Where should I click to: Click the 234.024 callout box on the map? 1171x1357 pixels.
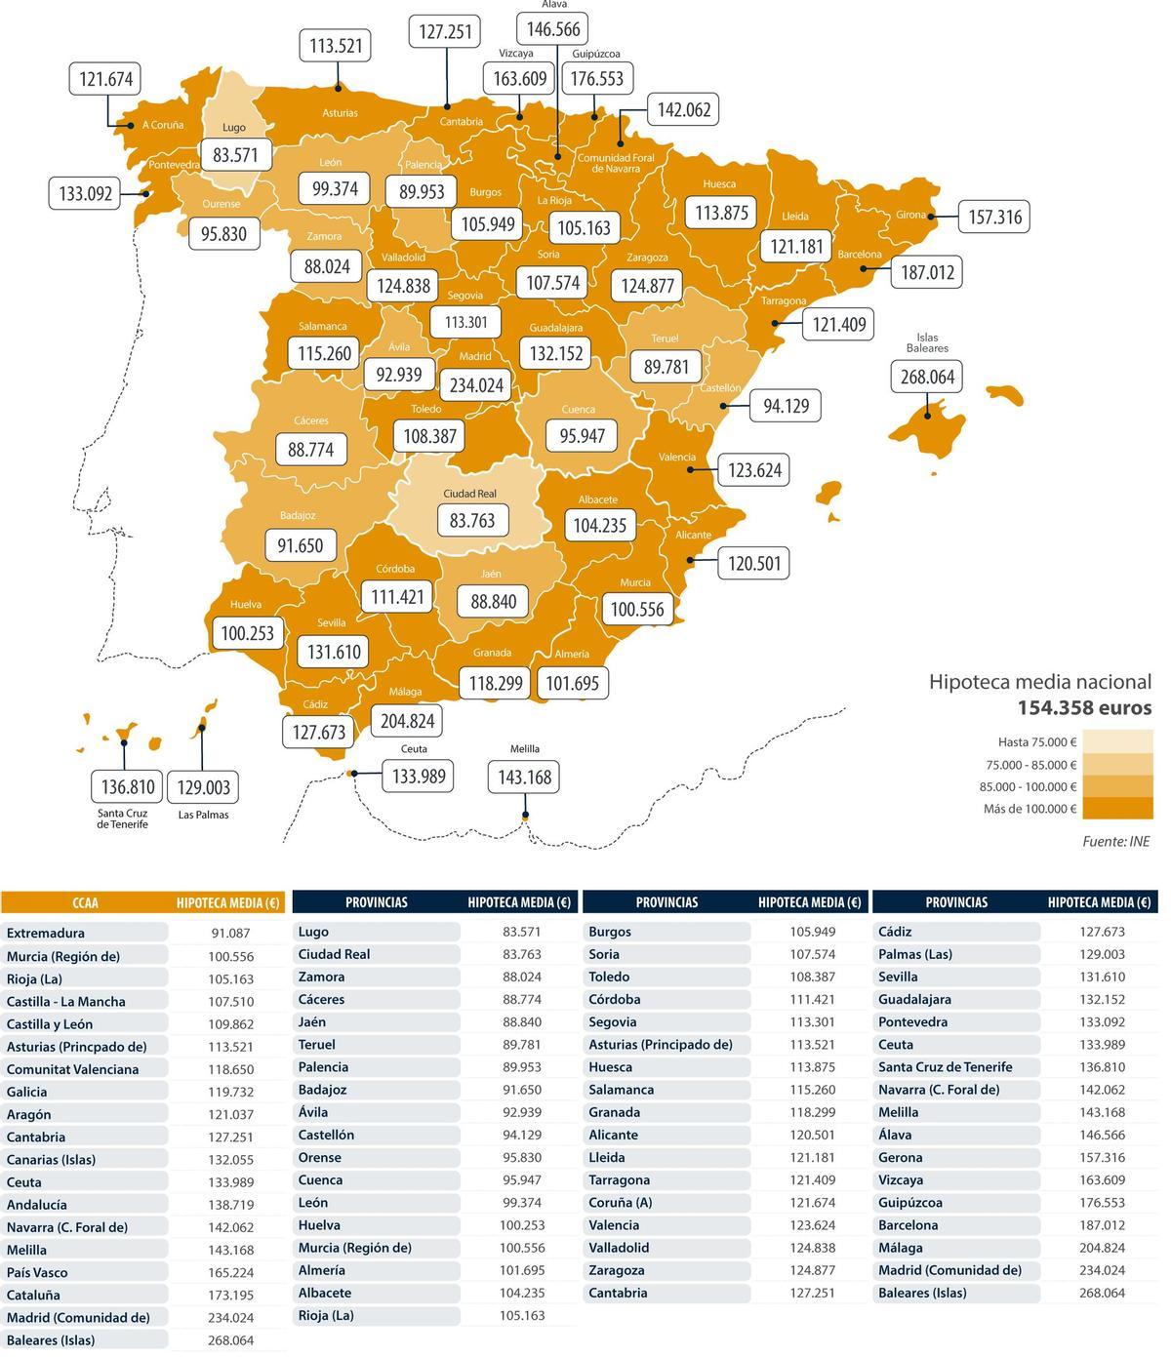coord(476,384)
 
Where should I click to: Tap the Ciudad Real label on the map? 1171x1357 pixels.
coord(472,495)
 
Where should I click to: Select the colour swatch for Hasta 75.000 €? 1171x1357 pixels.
coord(1117,741)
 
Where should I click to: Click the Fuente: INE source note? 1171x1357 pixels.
coord(1115,841)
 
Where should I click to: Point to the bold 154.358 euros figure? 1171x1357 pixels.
coord(1084,708)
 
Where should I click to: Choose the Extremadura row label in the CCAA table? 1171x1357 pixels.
coord(46,933)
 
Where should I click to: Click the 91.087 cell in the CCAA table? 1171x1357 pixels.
coord(230,933)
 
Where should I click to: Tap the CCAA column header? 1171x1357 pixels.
coord(85,903)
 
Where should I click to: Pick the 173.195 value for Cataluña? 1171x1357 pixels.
coord(230,1295)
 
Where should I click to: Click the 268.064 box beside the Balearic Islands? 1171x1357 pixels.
coord(927,377)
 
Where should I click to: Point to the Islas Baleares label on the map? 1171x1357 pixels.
coord(926,342)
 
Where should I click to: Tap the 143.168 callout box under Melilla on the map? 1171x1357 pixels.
coord(525,778)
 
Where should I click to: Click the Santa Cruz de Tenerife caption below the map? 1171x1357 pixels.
coord(123,818)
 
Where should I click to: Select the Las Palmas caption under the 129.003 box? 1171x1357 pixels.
coord(203,815)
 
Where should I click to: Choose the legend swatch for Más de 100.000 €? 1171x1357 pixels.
coord(1117,809)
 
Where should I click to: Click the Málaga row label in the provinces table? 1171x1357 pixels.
coord(908,1247)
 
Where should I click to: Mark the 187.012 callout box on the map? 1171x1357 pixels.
coord(926,271)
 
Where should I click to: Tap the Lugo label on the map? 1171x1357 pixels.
coord(234,128)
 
